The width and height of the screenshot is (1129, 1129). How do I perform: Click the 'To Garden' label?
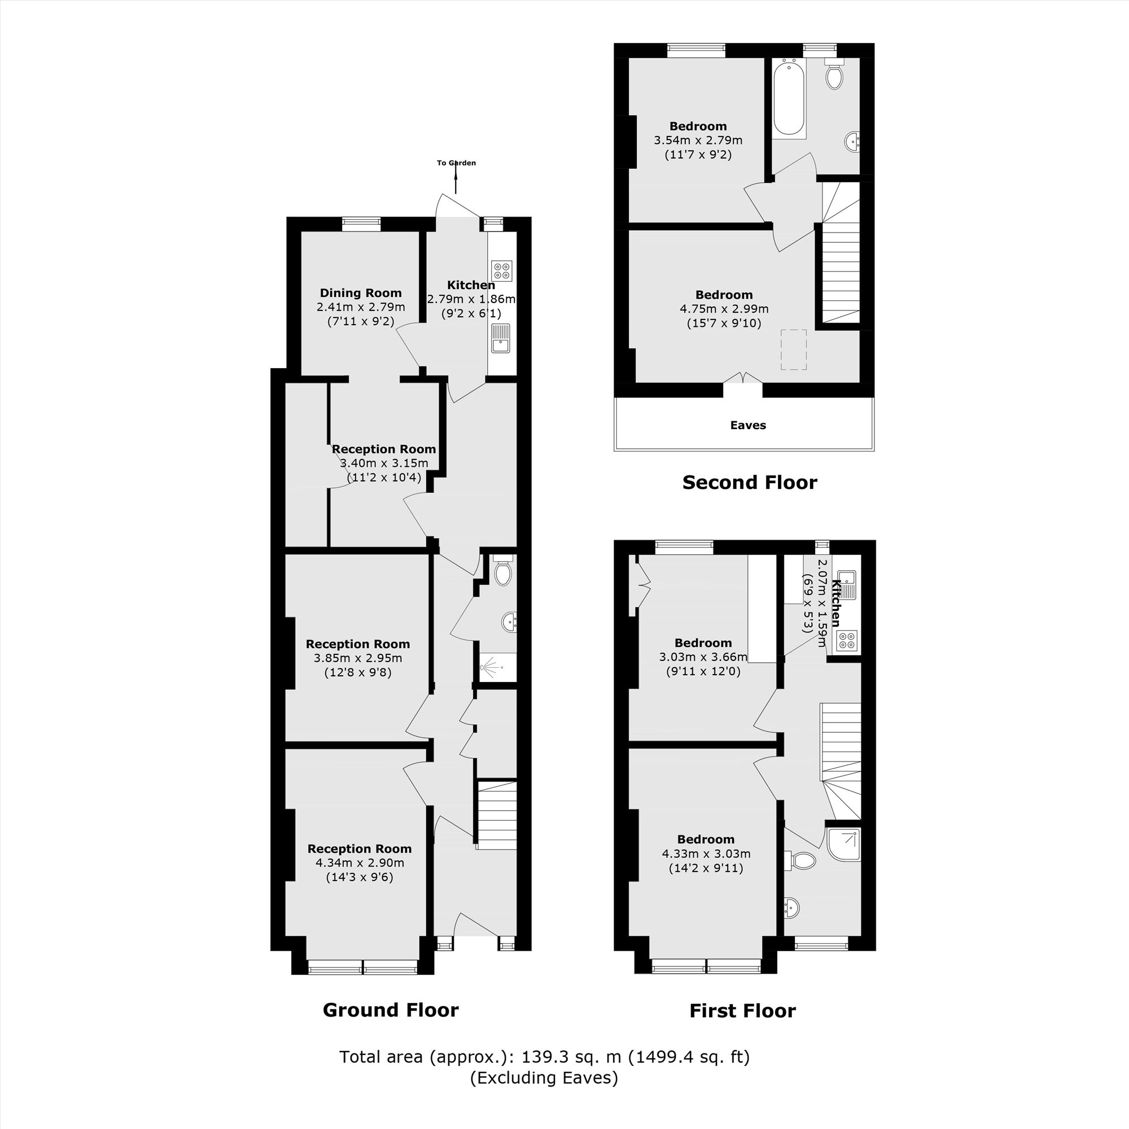(x=456, y=163)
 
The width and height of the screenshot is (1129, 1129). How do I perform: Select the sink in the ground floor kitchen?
(x=500, y=338)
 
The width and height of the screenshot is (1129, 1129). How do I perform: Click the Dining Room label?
(x=361, y=293)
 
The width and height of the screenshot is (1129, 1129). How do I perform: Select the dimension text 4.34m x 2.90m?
(x=360, y=863)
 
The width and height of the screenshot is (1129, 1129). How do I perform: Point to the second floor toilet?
(x=834, y=74)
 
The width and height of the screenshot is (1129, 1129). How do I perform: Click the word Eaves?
(x=747, y=426)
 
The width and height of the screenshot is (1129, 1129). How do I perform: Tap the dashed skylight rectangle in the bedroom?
(x=794, y=349)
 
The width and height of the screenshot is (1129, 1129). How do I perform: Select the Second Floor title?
(x=749, y=483)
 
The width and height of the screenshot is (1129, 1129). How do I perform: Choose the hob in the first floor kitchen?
(x=847, y=641)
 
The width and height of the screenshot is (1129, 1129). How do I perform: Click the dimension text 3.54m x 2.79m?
(x=698, y=140)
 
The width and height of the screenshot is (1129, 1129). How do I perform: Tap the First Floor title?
(x=742, y=1011)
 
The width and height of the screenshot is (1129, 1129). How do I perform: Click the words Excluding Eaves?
(x=544, y=1078)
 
